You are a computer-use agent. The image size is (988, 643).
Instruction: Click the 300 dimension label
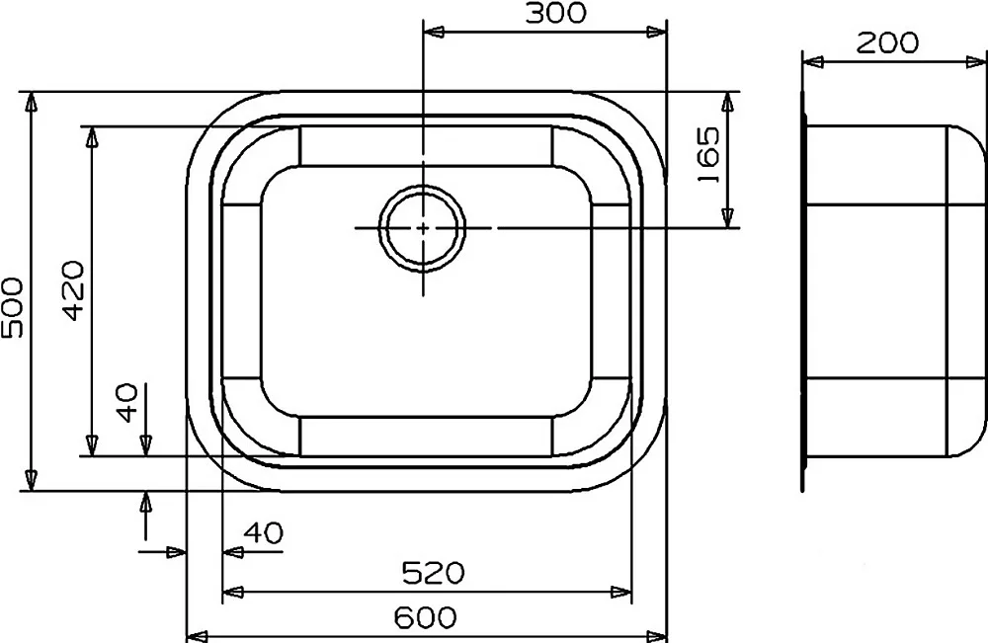pyautogui.click(x=555, y=13)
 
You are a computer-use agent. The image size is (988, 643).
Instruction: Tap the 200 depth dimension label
pyautogui.click(x=887, y=42)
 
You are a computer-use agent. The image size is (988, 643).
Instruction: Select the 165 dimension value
pyautogui.click(x=708, y=155)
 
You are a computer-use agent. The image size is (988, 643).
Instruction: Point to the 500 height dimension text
pyautogui.click(x=13, y=307)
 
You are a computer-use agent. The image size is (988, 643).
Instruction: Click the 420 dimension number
pyautogui.click(x=73, y=290)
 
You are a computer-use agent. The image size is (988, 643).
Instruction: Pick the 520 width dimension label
pyautogui.click(x=433, y=573)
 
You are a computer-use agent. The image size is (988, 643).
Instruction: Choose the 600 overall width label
pyautogui.click(x=425, y=617)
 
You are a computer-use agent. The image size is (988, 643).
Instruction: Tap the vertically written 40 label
pyautogui.click(x=126, y=402)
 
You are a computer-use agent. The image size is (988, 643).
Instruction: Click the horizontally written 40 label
pyautogui.click(x=264, y=532)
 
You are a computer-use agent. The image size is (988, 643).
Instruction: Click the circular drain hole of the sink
pyautogui.click(x=423, y=228)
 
